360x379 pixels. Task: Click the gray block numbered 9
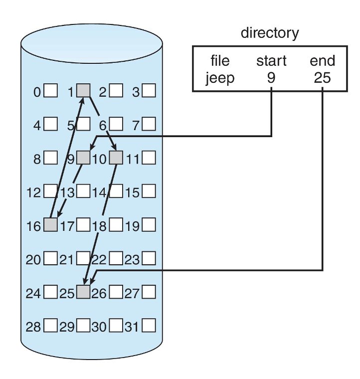(x=83, y=158)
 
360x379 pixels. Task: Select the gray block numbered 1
(x=83, y=91)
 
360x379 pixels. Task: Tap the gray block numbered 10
(x=116, y=158)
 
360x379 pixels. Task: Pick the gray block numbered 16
(x=50, y=225)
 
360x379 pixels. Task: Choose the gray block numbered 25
(x=83, y=292)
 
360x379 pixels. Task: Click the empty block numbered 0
(x=50, y=91)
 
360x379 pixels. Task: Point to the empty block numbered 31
(x=149, y=326)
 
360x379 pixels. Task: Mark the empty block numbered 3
(x=149, y=91)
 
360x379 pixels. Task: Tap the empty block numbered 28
(x=50, y=326)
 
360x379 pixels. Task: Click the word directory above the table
(x=270, y=33)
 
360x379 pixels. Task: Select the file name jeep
(x=220, y=78)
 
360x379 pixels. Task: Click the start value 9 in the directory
(x=271, y=78)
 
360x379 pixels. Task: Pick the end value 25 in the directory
(x=323, y=78)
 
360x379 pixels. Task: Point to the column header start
(x=271, y=61)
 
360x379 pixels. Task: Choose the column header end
(x=323, y=61)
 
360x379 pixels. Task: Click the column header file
(x=220, y=61)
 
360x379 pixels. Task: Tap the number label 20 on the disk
(x=33, y=259)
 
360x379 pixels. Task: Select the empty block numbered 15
(x=149, y=191)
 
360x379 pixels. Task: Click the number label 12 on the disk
(x=33, y=192)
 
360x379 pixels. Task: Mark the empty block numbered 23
(x=149, y=259)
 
